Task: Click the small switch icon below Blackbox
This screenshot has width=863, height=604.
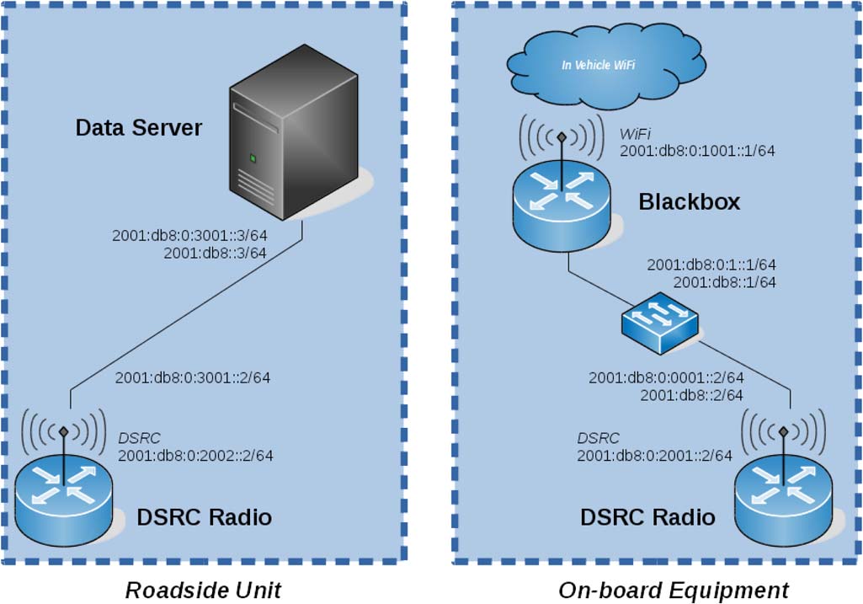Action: click(x=659, y=323)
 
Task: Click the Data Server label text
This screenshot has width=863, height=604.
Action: click(x=139, y=128)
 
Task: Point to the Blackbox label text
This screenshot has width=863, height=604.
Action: click(x=689, y=202)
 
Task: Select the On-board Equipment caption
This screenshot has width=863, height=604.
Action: click(x=674, y=590)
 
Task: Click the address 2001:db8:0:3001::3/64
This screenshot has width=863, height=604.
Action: click(x=189, y=236)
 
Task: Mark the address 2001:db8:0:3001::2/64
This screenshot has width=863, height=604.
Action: click(x=193, y=377)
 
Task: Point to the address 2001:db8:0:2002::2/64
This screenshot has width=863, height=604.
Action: click(x=195, y=456)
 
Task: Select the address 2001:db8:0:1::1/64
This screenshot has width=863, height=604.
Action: click(x=711, y=265)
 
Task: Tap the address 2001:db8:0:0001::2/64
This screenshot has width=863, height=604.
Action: click(x=666, y=377)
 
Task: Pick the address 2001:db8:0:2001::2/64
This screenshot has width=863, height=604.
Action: click(x=654, y=456)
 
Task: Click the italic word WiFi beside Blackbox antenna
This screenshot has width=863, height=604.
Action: click(x=637, y=134)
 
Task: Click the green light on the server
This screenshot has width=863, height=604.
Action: click(x=251, y=158)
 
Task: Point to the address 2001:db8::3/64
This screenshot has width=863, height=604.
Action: click(x=215, y=253)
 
